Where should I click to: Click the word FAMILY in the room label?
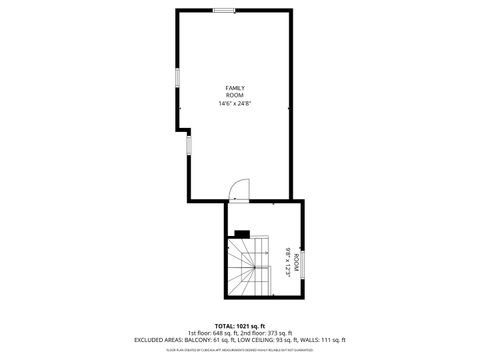click(234, 88)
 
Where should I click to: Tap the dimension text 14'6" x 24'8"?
click(234, 102)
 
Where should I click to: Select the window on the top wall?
click(224, 10)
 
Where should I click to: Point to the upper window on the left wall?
click(178, 79)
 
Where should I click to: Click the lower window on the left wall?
click(187, 146)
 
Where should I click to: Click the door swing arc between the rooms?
click(239, 188)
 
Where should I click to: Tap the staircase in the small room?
click(249, 265)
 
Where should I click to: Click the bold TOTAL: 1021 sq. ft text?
click(240, 326)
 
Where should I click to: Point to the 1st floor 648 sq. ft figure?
click(213, 333)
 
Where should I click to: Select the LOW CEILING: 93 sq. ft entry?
click(281, 340)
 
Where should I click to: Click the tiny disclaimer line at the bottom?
click(240, 350)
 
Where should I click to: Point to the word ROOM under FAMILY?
click(234, 94)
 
